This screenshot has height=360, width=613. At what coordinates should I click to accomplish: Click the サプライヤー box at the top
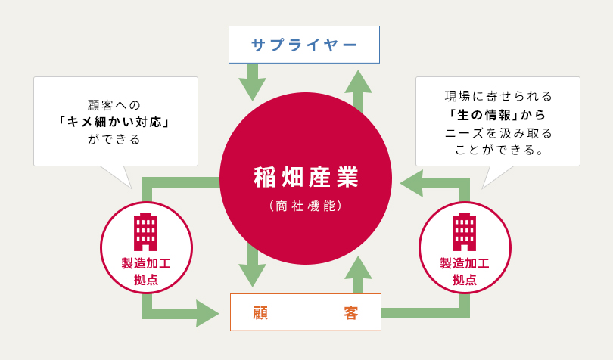tap(303, 45)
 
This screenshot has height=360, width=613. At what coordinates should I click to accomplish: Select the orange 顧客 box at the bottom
tap(305, 312)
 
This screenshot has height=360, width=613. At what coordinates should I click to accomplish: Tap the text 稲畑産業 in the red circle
tap(306, 177)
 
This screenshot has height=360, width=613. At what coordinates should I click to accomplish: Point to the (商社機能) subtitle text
tap(306, 206)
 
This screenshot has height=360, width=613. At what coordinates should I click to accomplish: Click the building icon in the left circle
tap(145, 231)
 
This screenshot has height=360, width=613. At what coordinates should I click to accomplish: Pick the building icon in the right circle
tap(464, 231)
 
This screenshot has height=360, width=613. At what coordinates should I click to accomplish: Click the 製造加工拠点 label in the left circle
tap(146, 271)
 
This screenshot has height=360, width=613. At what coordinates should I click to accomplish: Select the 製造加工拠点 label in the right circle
tap(465, 271)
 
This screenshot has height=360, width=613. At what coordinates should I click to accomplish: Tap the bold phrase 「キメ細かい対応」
tap(116, 122)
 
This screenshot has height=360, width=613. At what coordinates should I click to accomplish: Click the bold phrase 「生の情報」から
tap(497, 115)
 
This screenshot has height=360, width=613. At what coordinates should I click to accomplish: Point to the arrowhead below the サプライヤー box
tap(252, 88)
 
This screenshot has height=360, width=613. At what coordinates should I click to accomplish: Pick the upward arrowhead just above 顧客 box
tap(358, 268)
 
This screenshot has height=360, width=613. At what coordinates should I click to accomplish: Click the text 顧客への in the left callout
tap(115, 105)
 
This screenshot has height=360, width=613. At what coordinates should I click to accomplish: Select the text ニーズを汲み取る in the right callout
tap(499, 133)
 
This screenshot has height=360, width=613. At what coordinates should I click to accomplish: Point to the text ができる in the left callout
tap(115, 139)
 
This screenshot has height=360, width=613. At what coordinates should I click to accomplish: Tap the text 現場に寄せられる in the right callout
tap(499, 97)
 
